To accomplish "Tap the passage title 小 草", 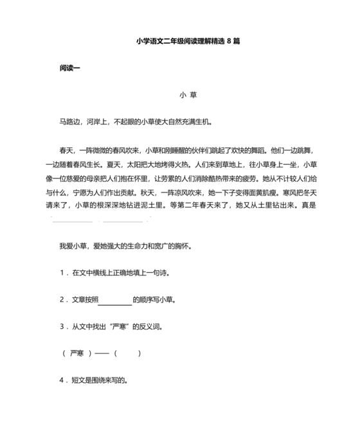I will [x=188, y=95].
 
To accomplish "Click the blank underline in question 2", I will [x=115, y=300].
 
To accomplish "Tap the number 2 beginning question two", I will [x=61, y=300].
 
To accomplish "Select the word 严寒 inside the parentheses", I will [x=77, y=353].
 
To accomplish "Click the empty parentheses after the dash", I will [x=127, y=353].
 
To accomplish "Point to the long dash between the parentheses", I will [x=102, y=353].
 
